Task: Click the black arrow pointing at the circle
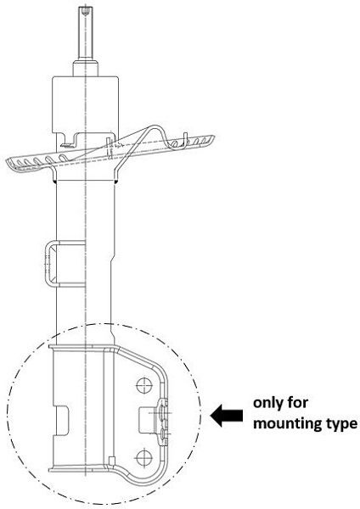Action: click(x=227, y=415)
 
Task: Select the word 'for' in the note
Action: click(x=298, y=402)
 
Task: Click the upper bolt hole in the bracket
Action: click(x=144, y=386)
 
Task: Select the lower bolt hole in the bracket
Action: click(x=144, y=458)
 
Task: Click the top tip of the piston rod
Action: click(x=85, y=7)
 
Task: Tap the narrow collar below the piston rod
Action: click(x=85, y=68)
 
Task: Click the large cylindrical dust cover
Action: click(x=85, y=104)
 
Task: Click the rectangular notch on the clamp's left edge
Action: click(x=61, y=419)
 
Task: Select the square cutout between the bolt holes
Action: click(x=146, y=420)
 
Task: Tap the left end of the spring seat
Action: click(x=9, y=162)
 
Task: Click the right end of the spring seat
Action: click(x=211, y=139)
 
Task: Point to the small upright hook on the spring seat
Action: click(x=185, y=140)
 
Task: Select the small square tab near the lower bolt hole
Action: click(x=111, y=461)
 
